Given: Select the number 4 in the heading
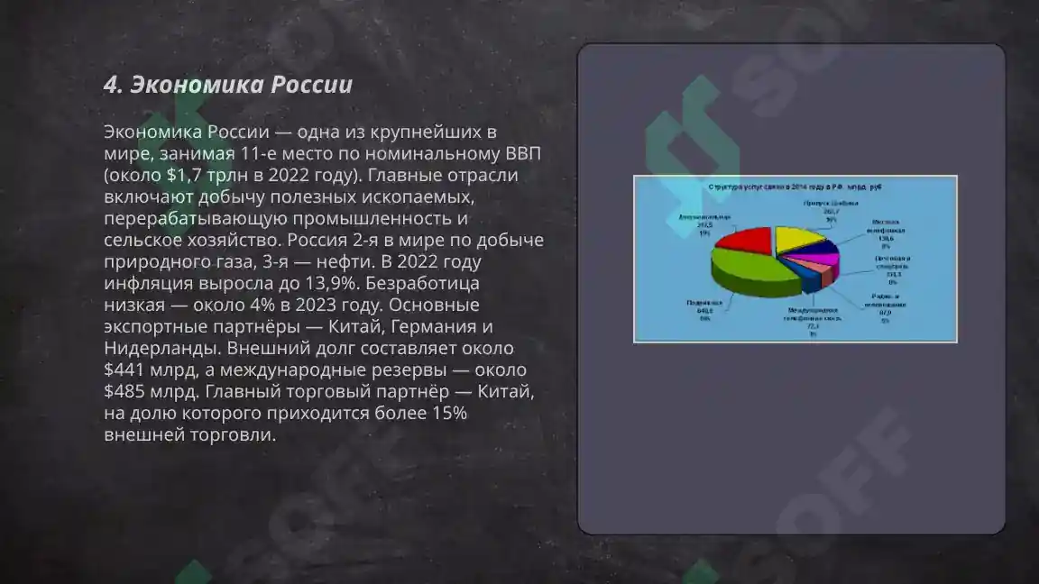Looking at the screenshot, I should point(111,85).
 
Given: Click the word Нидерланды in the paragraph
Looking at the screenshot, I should point(161,348).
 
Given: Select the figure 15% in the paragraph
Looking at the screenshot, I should point(446,413).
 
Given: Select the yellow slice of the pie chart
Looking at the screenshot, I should point(799,238).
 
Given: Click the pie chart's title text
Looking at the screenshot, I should point(794,187).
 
